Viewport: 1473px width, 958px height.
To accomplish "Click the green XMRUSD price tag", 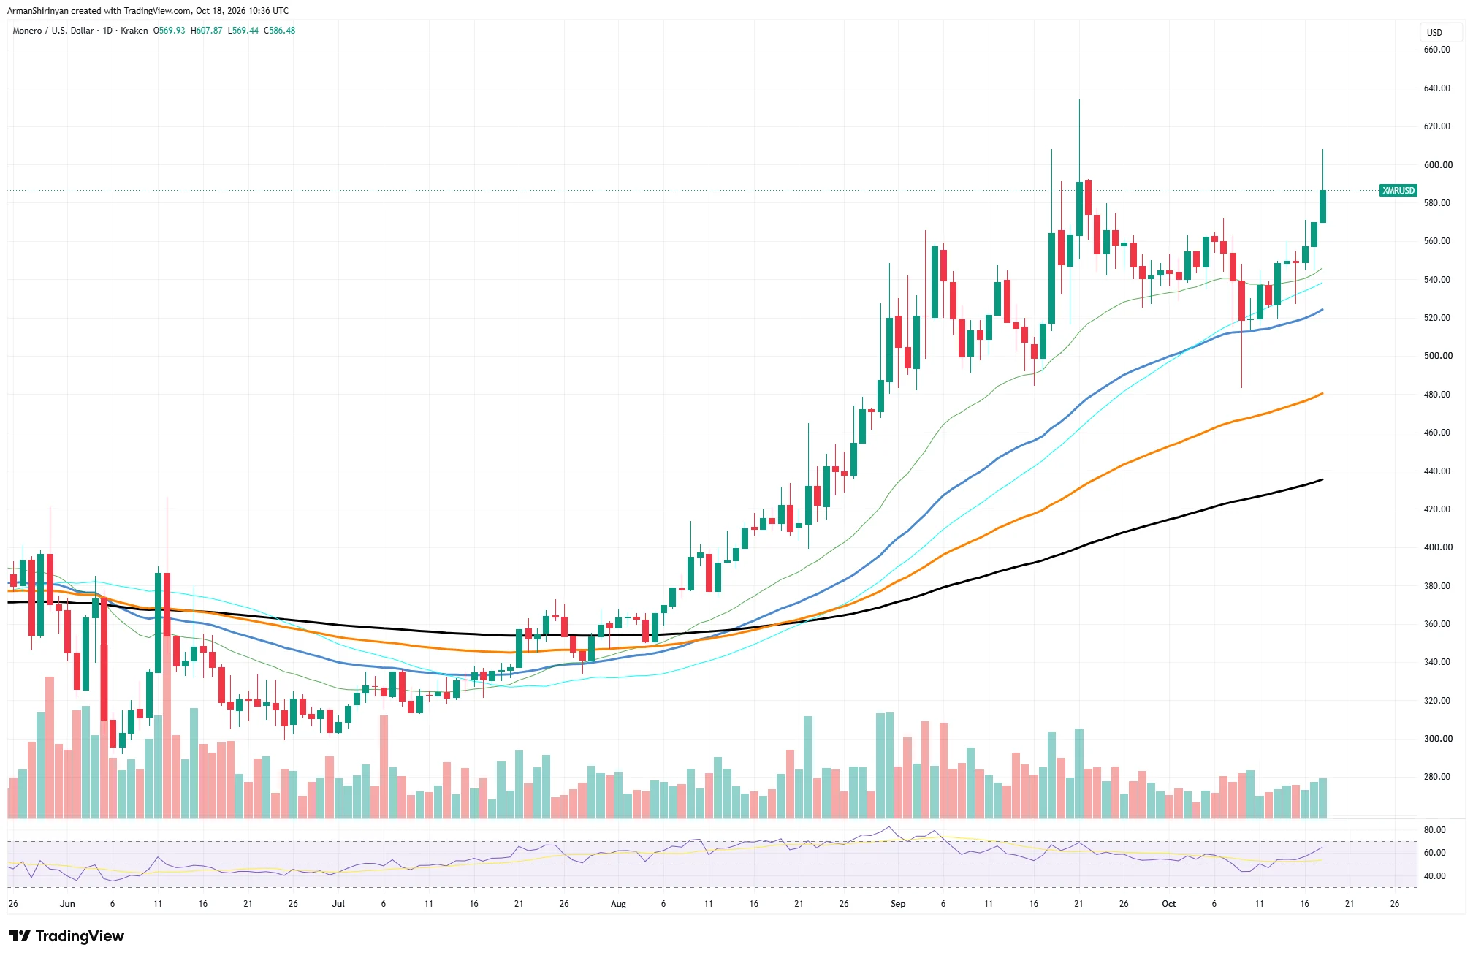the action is click(1398, 191).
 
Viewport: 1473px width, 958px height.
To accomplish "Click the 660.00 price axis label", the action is click(1436, 50).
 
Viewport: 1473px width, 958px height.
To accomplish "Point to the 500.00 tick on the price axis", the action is click(1436, 356).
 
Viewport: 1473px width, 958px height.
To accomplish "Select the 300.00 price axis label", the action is click(1436, 739).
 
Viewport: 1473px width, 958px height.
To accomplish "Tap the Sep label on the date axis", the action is click(898, 904).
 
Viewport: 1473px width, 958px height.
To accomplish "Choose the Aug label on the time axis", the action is click(618, 904).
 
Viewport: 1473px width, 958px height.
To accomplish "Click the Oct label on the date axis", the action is click(1169, 904).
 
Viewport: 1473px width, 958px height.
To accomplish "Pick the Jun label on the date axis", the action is click(67, 904).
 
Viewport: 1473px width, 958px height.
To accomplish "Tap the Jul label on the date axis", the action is click(338, 904).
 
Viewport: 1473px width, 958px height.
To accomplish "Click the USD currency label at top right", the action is click(1435, 33).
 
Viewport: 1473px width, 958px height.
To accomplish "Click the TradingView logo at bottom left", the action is click(66, 936).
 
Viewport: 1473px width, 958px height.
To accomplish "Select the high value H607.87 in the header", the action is click(207, 31).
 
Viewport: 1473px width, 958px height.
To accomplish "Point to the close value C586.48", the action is click(280, 31).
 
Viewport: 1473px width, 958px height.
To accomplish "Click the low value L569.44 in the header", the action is click(243, 31).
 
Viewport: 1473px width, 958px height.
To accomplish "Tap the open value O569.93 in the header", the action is click(169, 31).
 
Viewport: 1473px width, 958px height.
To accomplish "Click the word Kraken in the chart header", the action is click(134, 31).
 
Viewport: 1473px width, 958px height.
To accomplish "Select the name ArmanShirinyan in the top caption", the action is click(38, 11).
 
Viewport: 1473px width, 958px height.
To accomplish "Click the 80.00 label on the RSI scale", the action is click(1435, 830).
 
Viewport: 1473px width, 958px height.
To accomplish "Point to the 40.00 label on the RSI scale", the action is click(1435, 876).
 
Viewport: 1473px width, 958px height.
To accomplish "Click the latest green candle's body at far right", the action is click(1322, 206).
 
